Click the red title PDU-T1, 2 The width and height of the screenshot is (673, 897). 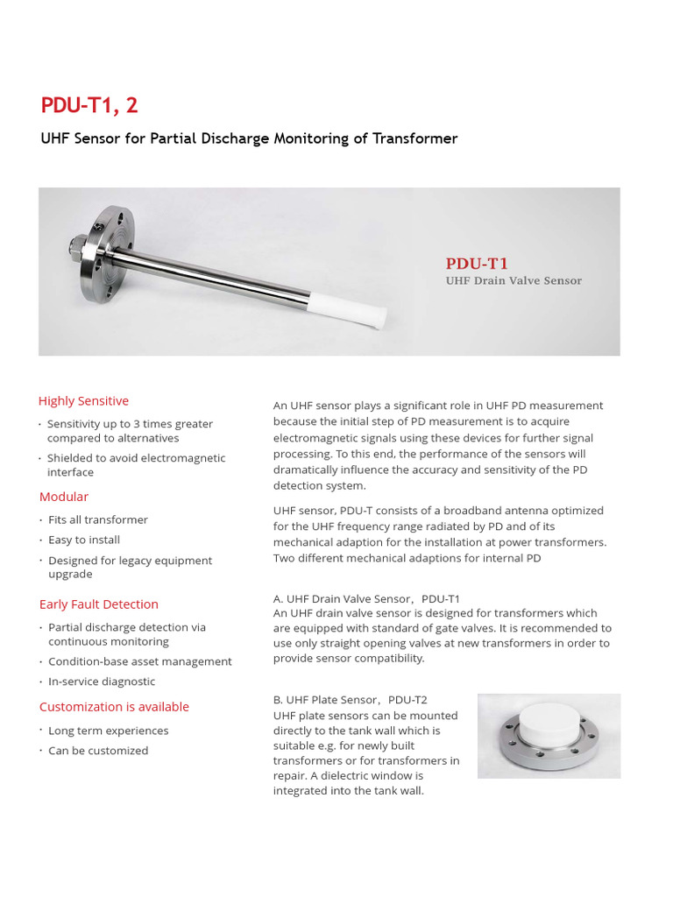pos(89,106)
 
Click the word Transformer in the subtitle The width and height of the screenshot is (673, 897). pos(414,138)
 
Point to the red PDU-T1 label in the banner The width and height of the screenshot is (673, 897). pos(477,263)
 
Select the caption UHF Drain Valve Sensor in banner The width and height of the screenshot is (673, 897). pos(513,281)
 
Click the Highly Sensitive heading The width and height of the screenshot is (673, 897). pos(83,401)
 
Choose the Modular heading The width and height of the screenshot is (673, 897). pos(64,497)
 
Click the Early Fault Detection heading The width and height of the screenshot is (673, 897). pos(99,604)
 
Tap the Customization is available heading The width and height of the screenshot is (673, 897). pos(114,707)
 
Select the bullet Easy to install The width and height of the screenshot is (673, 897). pos(84,540)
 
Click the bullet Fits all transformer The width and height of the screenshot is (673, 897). pos(98,520)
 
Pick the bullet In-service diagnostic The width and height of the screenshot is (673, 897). pos(102,682)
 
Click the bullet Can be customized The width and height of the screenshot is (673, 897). pos(98,751)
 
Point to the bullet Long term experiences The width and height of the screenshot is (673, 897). pos(109,731)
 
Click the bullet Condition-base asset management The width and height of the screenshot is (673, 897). pos(140,661)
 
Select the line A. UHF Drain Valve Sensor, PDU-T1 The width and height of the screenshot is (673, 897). pos(366,598)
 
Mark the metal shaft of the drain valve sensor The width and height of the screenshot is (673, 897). pos(219,268)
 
